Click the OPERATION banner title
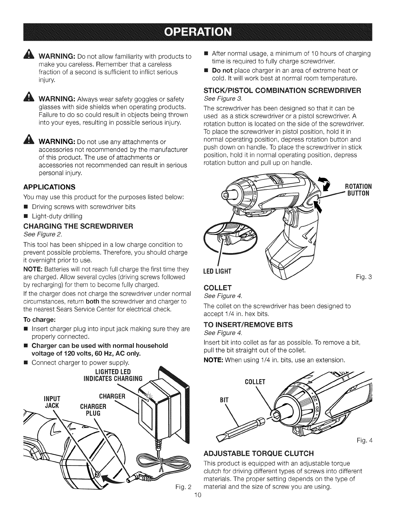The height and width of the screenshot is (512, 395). pyautogui.click(x=197, y=33)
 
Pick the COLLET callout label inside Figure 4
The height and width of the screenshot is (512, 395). pyautogui.click(x=255, y=382)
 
